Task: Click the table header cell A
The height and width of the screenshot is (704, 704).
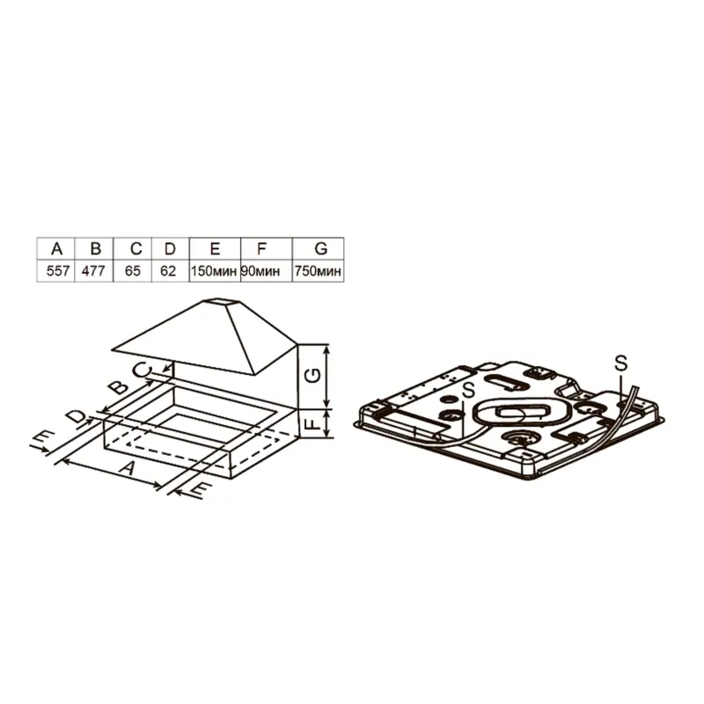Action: (56, 248)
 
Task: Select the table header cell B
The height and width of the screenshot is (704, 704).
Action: (94, 248)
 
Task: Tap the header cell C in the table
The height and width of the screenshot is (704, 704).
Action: (133, 248)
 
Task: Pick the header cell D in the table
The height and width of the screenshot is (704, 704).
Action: (171, 248)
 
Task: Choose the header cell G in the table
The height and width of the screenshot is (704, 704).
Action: (319, 248)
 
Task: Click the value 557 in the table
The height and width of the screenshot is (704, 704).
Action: (58, 271)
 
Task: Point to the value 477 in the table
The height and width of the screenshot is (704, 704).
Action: (93, 271)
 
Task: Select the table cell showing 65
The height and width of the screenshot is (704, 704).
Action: (133, 271)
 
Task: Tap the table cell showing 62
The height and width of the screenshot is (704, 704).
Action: (168, 271)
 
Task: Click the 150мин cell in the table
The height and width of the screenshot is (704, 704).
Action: (214, 272)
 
